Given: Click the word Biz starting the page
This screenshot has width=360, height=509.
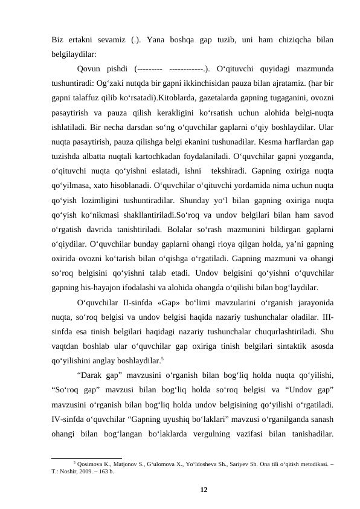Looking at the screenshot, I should pyautogui.click(x=58, y=41).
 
